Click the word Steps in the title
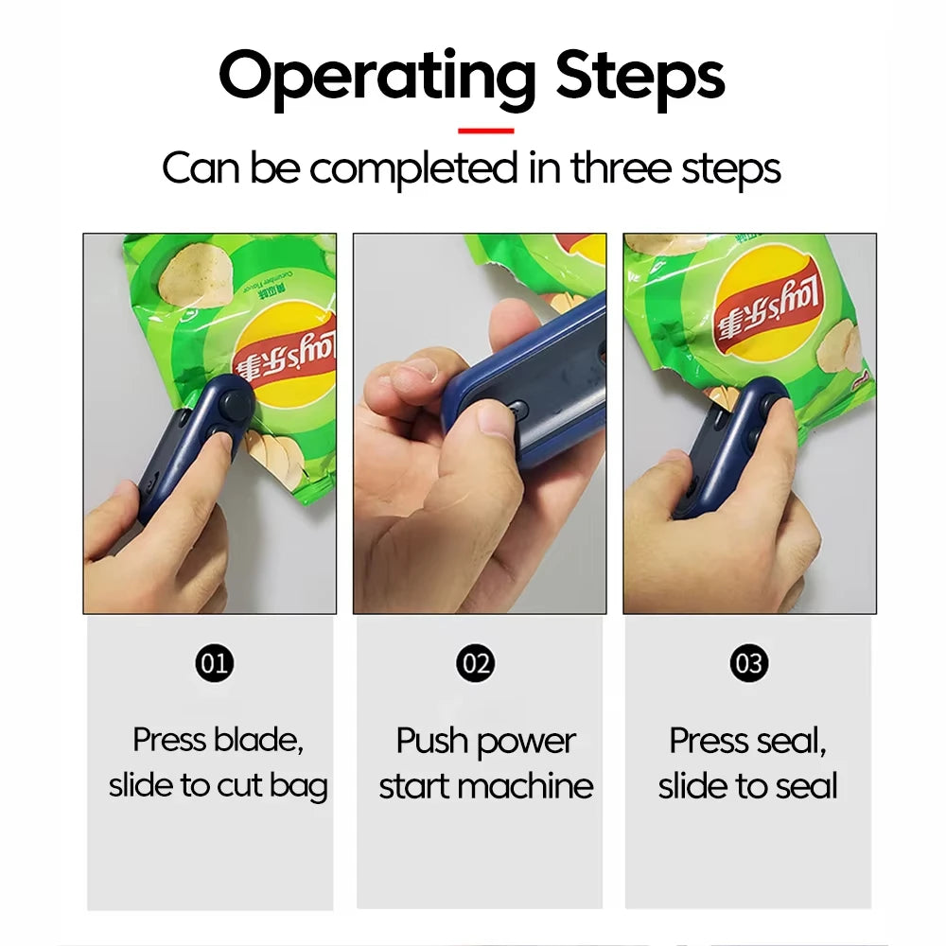(x=640, y=77)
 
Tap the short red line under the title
(x=485, y=131)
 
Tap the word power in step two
(x=531, y=741)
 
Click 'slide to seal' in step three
(x=747, y=786)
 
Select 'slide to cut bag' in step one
(x=218, y=786)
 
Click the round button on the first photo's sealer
(x=236, y=404)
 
